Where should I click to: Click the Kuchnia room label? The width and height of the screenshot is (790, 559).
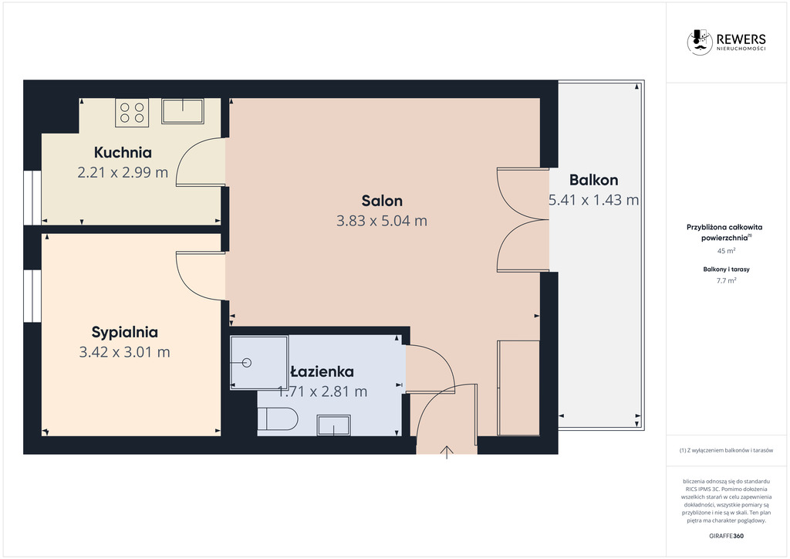pyautogui.click(x=123, y=152)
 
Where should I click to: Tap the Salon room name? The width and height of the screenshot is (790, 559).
pyautogui.click(x=382, y=201)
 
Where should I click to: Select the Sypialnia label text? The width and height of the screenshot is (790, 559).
pyautogui.click(x=124, y=332)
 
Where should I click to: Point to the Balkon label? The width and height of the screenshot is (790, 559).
pyautogui.click(x=593, y=180)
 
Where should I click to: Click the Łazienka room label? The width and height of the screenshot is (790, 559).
pyautogui.click(x=322, y=371)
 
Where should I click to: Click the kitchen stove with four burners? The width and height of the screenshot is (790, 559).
pyautogui.click(x=132, y=113)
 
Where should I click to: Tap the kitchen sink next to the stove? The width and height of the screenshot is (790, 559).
pyautogui.click(x=182, y=111)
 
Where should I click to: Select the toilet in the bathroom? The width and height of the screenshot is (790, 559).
pyautogui.click(x=278, y=419)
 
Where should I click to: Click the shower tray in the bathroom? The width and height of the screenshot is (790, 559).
pyautogui.click(x=259, y=362)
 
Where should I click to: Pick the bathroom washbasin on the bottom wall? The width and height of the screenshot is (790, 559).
pyautogui.click(x=333, y=425)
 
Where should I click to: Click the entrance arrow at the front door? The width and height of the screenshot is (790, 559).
pyautogui.click(x=447, y=452)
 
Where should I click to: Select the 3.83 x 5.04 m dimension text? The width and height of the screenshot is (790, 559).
pyautogui.click(x=382, y=221)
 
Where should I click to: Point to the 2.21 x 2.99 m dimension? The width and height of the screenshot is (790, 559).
pyautogui.click(x=123, y=172)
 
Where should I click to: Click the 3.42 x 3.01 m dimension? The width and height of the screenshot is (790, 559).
pyautogui.click(x=124, y=352)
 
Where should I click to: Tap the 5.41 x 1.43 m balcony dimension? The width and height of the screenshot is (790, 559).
pyautogui.click(x=593, y=200)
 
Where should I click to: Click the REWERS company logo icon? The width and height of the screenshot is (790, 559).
pyautogui.click(x=700, y=42)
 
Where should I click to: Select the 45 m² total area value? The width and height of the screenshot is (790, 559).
pyautogui.click(x=726, y=250)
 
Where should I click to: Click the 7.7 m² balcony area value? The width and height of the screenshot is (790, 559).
pyautogui.click(x=726, y=281)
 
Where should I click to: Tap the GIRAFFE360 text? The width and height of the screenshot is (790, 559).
pyautogui.click(x=726, y=536)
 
